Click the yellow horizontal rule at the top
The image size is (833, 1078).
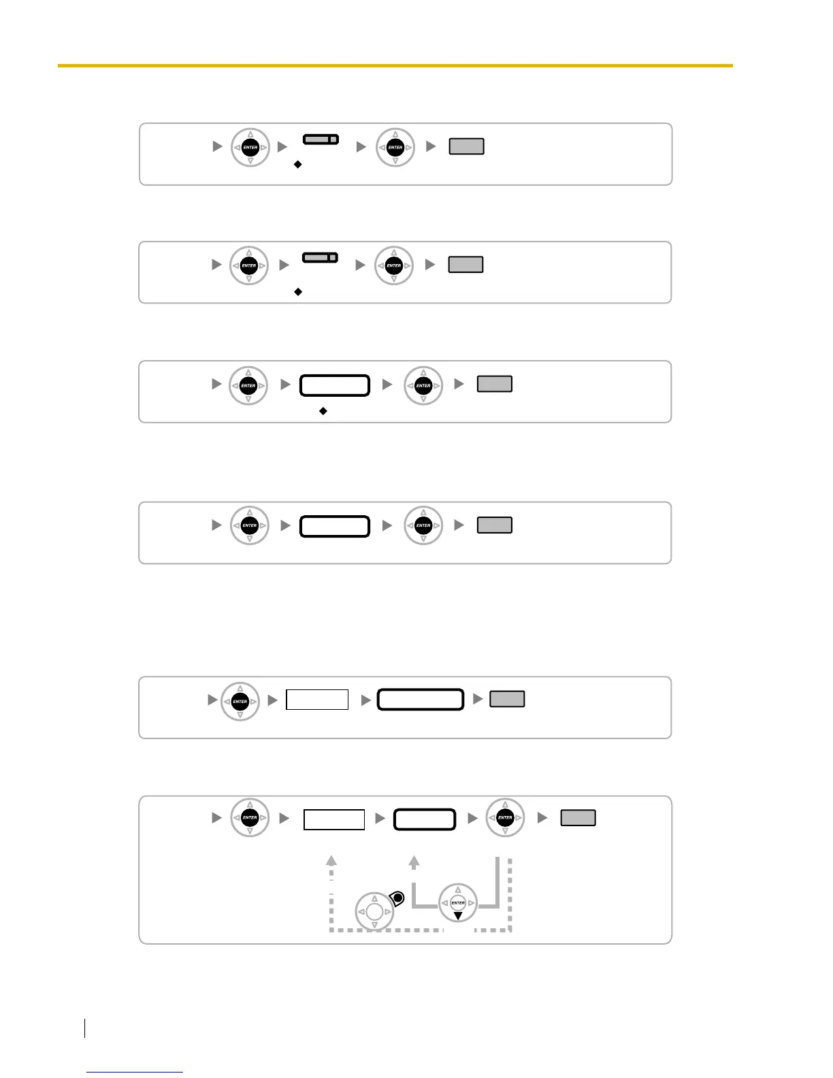pos(395,65)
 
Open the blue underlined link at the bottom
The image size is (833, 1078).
pos(135,1072)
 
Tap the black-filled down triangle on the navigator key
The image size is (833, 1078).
pos(458,916)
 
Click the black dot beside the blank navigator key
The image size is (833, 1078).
pos(398,899)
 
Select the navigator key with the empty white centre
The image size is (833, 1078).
pos(374,912)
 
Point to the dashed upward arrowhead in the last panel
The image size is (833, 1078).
pos(331,860)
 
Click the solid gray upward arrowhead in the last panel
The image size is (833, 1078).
pos(414,862)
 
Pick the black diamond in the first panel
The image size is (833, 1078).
pos(297,165)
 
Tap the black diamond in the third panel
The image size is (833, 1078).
pos(323,411)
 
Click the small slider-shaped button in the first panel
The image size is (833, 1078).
pos(321,139)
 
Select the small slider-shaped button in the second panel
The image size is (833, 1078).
pos(320,257)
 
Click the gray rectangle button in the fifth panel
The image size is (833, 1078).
pos(507,699)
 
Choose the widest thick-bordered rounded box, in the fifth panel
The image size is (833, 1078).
pos(421,700)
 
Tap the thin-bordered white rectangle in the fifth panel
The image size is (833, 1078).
pos(317,700)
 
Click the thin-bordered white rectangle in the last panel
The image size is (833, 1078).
pos(334,819)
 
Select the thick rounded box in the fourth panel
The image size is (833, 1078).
pos(335,526)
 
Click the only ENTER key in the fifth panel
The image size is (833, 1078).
pos(240,701)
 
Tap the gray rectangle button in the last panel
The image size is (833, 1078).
pos(578,817)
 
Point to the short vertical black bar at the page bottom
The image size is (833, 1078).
pos(85,1028)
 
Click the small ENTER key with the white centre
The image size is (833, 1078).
pos(458,903)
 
